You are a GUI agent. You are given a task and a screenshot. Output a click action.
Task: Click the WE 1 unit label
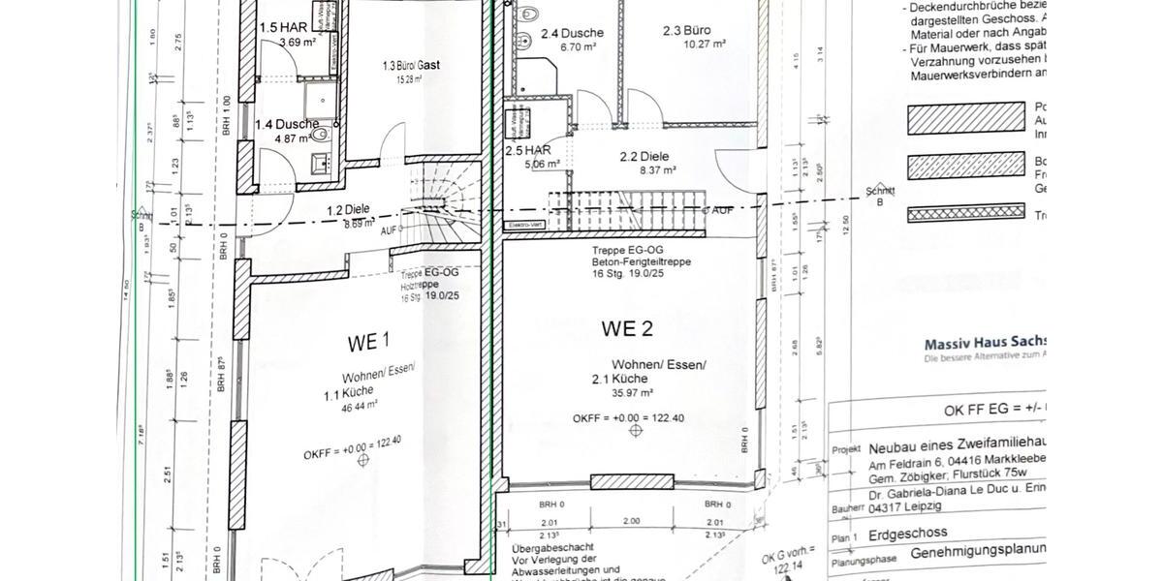pyautogui.click(x=368, y=341)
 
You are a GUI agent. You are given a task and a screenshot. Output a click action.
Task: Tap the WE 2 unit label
pyautogui.click(x=626, y=329)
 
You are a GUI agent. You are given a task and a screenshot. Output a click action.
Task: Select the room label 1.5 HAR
pyautogui.click(x=282, y=28)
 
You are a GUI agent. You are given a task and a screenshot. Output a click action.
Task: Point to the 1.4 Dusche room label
pyautogui.click(x=287, y=125)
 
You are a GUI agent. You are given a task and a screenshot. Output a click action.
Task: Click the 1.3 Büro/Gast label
pyautogui.click(x=411, y=65)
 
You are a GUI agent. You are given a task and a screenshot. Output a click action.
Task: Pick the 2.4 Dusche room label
pyautogui.click(x=573, y=33)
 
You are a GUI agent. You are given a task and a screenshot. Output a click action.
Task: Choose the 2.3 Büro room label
pyautogui.click(x=686, y=31)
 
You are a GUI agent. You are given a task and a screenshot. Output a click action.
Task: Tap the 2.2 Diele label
pyautogui.click(x=644, y=157)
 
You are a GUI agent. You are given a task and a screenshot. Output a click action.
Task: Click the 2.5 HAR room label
pyautogui.click(x=528, y=151)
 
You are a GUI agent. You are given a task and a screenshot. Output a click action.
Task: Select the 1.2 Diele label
pyautogui.click(x=350, y=210)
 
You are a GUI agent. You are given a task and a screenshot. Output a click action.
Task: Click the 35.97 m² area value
pyautogui.click(x=633, y=393)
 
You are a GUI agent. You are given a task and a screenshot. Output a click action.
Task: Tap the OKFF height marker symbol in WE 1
pyautogui.click(x=364, y=461)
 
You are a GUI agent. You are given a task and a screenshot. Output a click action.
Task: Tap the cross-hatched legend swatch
pyautogui.click(x=966, y=213)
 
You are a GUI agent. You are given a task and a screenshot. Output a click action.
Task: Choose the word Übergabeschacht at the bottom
pyautogui.click(x=549, y=549)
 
